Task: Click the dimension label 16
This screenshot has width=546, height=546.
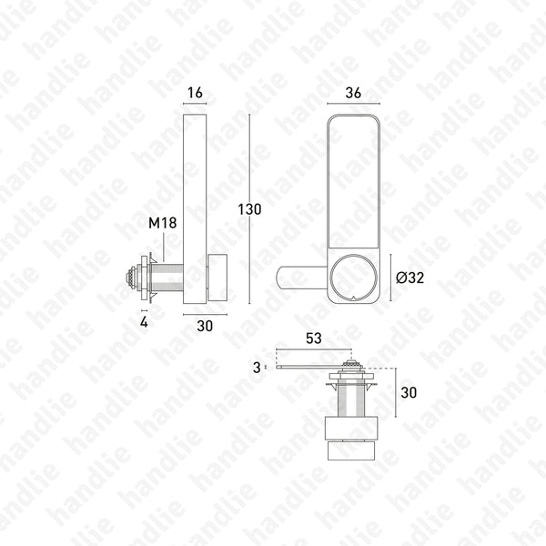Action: tap(195, 93)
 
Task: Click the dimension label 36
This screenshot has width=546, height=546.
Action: tap(353, 93)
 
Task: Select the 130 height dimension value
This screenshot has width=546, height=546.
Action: tap(249, 209)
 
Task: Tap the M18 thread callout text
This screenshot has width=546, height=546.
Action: tap(162, 223)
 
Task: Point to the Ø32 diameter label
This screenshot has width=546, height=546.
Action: tap(409, 278)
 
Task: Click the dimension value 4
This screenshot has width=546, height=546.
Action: tap(144, 322)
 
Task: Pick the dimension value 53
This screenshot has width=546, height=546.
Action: tap(313, 339)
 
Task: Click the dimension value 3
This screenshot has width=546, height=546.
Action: tap(257, 368)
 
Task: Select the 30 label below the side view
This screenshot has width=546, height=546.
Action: tap(205, 326)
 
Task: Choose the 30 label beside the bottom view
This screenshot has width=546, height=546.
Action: tap(409, 392)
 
